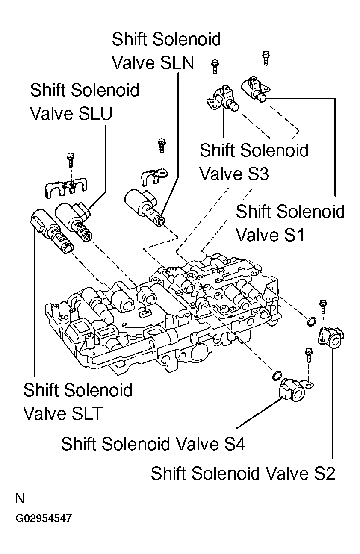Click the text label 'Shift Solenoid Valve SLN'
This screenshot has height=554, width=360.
coord(166,51)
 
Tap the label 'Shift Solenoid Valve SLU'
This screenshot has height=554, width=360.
coord(85,102)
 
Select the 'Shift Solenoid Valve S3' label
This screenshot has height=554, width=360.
coord(254,162)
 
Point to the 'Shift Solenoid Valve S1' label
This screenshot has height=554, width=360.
coord(290,223)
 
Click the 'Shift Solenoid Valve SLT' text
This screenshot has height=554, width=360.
coord(77,402)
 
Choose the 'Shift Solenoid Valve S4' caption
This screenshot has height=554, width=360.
coord(153,444)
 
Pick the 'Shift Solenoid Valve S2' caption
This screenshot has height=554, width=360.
coord(243,474)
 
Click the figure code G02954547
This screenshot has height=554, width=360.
coord(43,519)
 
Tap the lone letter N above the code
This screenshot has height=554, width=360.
coord(20,498)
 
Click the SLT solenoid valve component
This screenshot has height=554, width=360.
coord(51,231)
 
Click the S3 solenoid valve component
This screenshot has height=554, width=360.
coord(223,99)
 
